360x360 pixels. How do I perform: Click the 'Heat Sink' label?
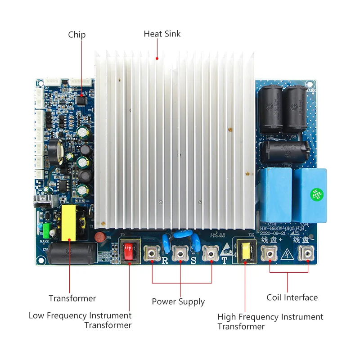coord(162,34)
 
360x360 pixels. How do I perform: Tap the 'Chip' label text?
coord(76,35)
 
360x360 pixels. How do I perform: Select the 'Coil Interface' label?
coord(292,297)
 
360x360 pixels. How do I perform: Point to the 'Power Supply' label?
coord(178,301)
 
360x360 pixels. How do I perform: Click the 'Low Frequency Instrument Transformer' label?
coord(80,320)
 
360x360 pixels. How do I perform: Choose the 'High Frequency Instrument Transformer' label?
coord(270,321)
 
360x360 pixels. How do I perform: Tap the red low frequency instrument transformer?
coord(130,252)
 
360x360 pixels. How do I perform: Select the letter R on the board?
coord(165,261)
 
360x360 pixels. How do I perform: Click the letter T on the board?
coord(224,261)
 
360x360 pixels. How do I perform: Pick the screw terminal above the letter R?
coord(152,254)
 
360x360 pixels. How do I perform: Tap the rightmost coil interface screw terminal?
coord(308,255)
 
